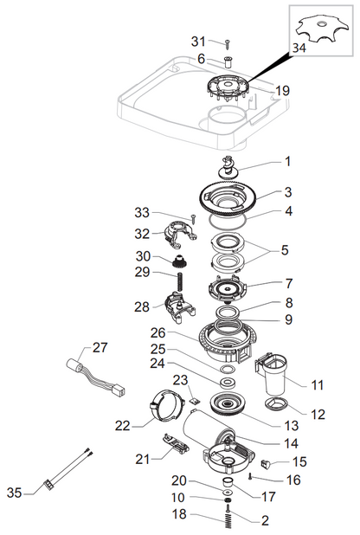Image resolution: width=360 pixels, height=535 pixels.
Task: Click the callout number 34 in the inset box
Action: click(299, 48)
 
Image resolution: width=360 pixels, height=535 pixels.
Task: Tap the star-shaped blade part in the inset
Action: click(322, 30)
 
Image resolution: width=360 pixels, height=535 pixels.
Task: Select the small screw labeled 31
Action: click(228, 44)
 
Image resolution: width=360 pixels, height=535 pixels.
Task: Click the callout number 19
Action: click(282, 91)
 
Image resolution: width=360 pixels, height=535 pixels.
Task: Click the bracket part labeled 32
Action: click(181, 235)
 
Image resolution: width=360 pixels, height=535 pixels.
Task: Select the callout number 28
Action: click(142, 306)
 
